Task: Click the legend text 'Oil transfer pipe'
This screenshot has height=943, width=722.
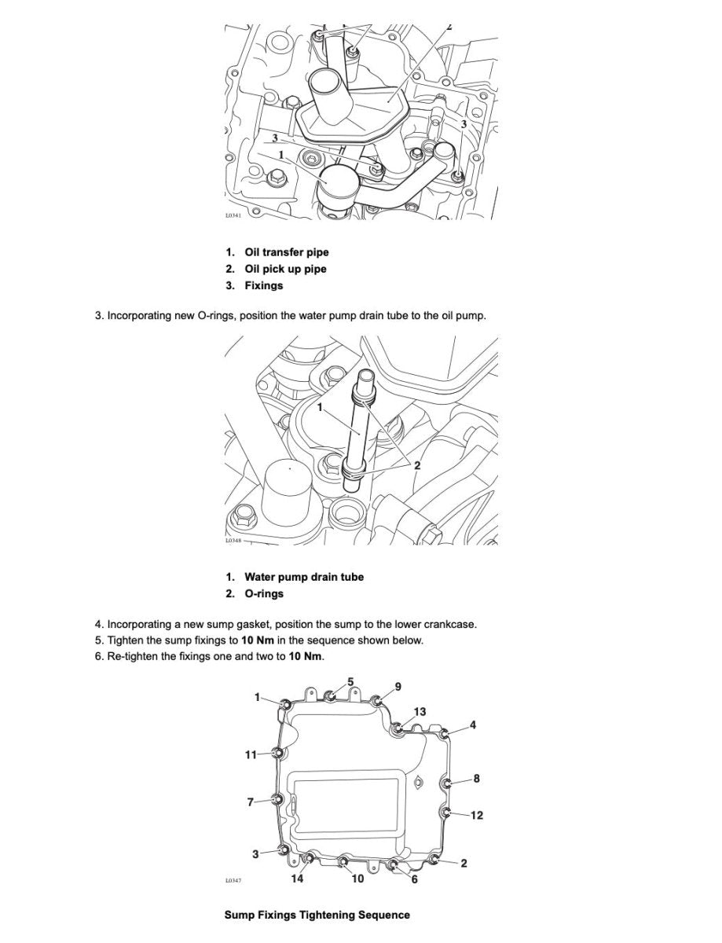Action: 286,252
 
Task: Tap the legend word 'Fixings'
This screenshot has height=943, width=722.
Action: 263,285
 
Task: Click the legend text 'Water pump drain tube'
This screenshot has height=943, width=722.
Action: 303,577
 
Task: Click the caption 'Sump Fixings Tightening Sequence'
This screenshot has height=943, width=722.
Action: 317,915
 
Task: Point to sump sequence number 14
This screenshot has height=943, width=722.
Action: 297,879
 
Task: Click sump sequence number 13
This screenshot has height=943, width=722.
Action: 420,711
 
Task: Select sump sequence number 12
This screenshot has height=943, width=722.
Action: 476,815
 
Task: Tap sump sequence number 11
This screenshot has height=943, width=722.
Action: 251,754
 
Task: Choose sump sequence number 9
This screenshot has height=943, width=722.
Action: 398,686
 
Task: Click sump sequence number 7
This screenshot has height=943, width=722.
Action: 251,802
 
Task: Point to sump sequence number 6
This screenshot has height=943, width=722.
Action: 414,879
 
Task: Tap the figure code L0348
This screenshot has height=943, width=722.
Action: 233,541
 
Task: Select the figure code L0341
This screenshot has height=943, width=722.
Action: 233,215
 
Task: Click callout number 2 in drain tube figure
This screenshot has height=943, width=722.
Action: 417,465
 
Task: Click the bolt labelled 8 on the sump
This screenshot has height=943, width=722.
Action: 448,783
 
